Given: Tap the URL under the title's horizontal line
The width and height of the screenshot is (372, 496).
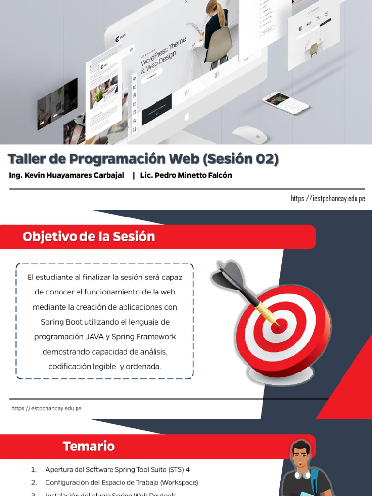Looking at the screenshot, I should [x=327, y=198].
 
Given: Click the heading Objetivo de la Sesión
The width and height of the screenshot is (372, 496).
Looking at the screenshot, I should [x=89, y=237].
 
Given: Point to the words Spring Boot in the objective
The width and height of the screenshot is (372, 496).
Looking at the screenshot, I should [x=62, y=322].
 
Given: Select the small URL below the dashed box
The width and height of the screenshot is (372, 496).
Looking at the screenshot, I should [x=46, y=408].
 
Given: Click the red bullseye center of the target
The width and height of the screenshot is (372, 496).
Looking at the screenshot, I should [x=277, y=327].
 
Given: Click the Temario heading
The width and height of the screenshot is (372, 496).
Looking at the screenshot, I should [x=89, y=446].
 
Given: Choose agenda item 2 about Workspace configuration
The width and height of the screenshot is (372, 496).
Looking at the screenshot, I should [x=121, y=483].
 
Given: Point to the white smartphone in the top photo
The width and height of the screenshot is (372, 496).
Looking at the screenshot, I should [x=286, y=103].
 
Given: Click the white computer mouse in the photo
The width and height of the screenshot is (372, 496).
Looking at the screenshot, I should [x=250, y=134].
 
